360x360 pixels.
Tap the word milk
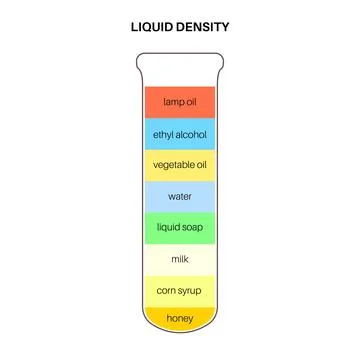pyautogui.click(x=180, y=258)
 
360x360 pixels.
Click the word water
pyautogui.click(x=180, y=195)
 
